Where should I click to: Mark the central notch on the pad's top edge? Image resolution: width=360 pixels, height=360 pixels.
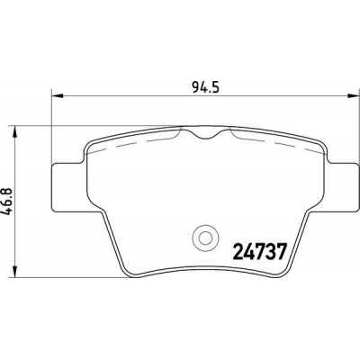point(206,133)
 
